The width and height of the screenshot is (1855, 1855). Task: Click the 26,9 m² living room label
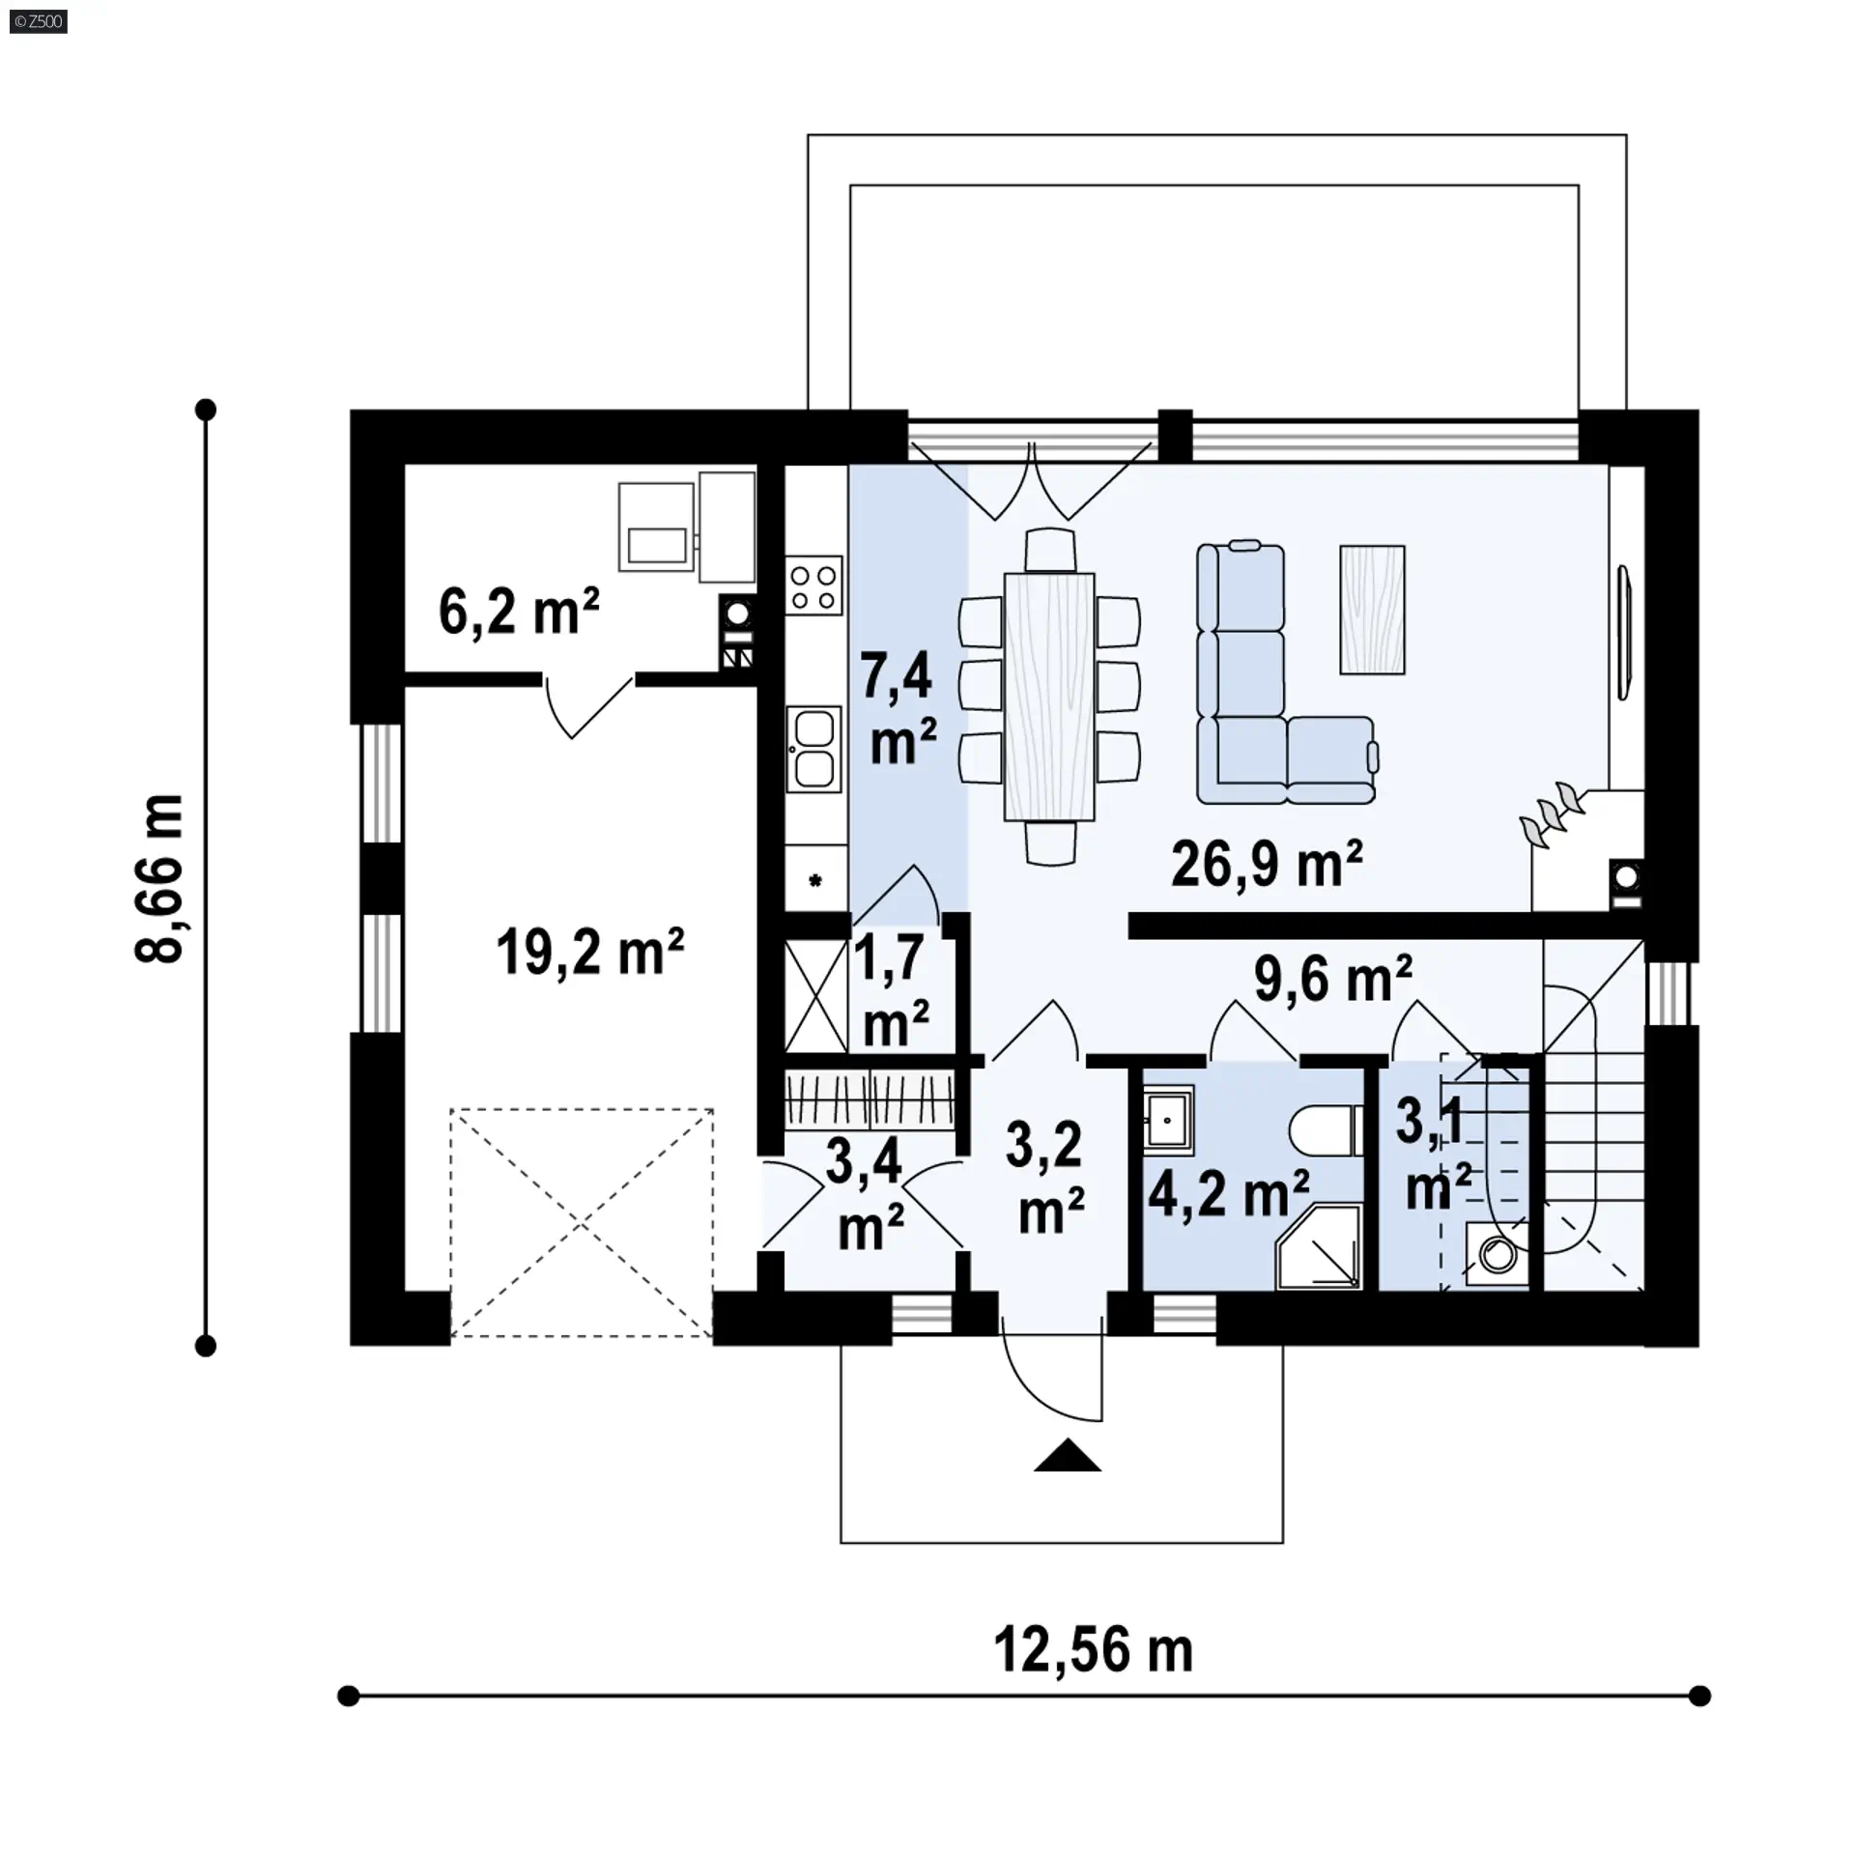[x=1267, y=864]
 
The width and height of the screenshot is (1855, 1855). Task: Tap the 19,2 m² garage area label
[x=589, y=952]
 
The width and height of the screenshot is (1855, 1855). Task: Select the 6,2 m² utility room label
[x=519, y=611]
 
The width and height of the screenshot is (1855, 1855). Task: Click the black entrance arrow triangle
[x=1068, y=1482]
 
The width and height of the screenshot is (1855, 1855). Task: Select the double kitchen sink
[x=813, y=749]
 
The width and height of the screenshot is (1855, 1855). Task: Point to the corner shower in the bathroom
[x=1319, y=1246]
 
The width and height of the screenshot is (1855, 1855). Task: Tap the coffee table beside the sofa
[x=1372, y=610]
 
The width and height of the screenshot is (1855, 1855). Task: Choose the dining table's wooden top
[x=1049, y=697]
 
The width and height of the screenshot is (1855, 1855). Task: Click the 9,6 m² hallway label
[x=1333, y=978]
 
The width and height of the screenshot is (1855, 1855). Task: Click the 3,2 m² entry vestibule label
[x=1046, y=1178]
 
